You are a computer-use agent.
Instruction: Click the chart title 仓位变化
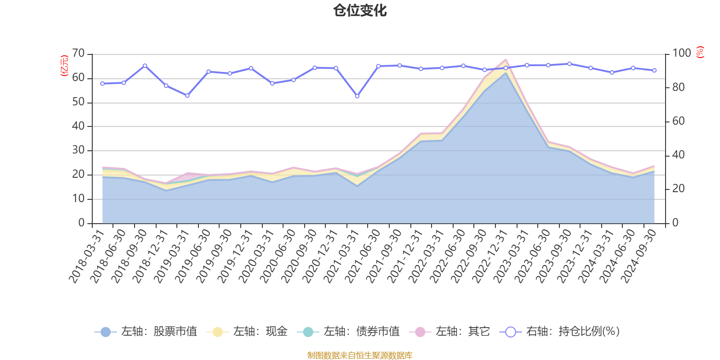pyautogui.click(x=360, y=10)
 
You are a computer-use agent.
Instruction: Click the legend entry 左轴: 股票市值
pyautogui.click(x=146, y=332)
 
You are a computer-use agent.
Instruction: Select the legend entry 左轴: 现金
pyautogui.click(x=247, y=332)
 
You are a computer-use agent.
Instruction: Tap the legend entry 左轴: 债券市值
pyautogui.click(x=348, y=332)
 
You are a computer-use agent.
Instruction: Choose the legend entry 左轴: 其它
pyautogui.click(x=450, y=332)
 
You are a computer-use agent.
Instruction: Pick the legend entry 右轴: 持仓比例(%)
pyautogui.click(x=560, y=332)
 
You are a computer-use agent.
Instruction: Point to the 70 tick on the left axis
pyautogui.click(x=78, y=54)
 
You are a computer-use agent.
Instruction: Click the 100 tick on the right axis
pyautogui.click(x=681, y=54)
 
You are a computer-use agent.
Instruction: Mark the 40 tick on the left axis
pyautogui.click(x=78, y=126)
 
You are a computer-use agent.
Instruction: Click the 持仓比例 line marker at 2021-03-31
pyautogui.click(x=357, y=96)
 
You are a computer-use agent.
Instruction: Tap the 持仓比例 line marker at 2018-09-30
pyautogui.click(x=145, y=66)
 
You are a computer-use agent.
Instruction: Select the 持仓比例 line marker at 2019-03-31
pyautogui.click(x=187, y=95)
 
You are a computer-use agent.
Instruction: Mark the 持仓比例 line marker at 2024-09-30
pyautogui.click(x=654, y=70)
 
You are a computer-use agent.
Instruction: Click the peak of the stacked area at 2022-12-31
pyautogui.click(x=505, y=59)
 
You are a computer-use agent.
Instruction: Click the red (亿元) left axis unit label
pyautogui.click(x=64, y=66)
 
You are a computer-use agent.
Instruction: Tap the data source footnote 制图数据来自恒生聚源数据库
pyautogui.click(x=360, y=355)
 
